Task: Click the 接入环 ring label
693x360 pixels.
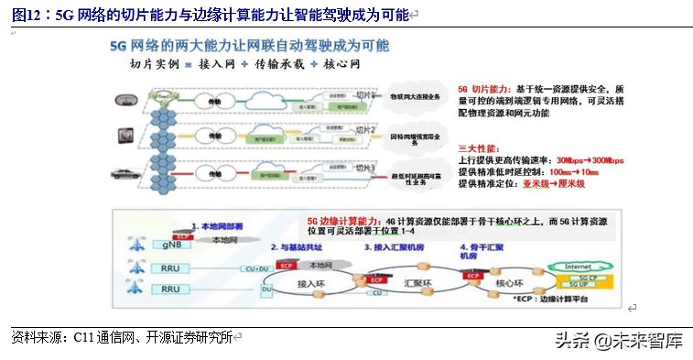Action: point(311,286)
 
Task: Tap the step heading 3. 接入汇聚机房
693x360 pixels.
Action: point(395,247)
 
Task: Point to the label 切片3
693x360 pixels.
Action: point(363,169)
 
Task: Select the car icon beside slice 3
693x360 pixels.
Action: point(127,172)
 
